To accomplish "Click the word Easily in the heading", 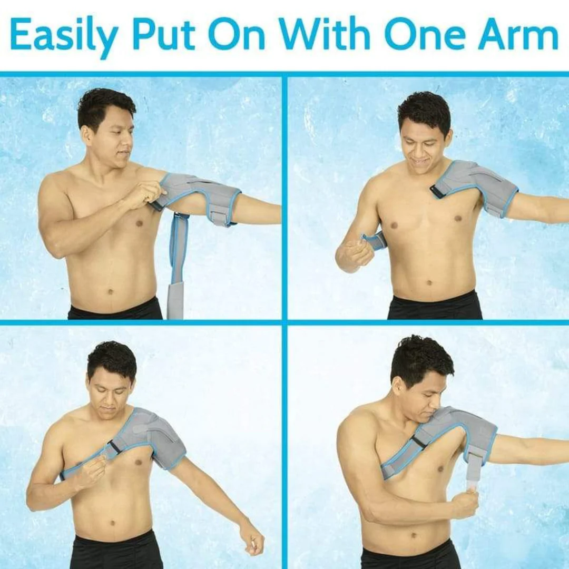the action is tap(64, 35).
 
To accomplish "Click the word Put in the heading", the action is tap(163, 33).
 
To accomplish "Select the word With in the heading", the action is tap(325, 33).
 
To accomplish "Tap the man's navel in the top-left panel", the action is tap(111, 291).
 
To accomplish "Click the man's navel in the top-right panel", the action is tap(429, 282).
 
